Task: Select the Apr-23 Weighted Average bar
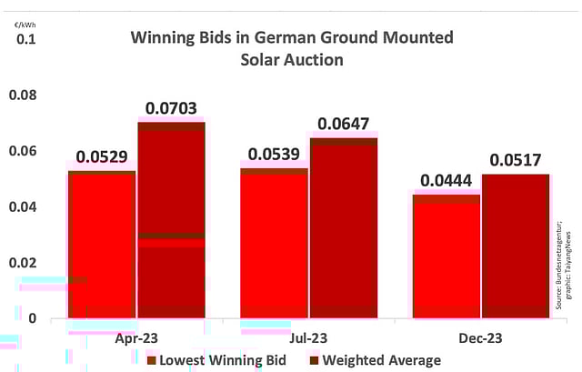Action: click(171, 219)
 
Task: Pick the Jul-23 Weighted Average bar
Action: click(344, 227)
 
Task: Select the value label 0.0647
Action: click(344, 126)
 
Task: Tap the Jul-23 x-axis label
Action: click(308, 337)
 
